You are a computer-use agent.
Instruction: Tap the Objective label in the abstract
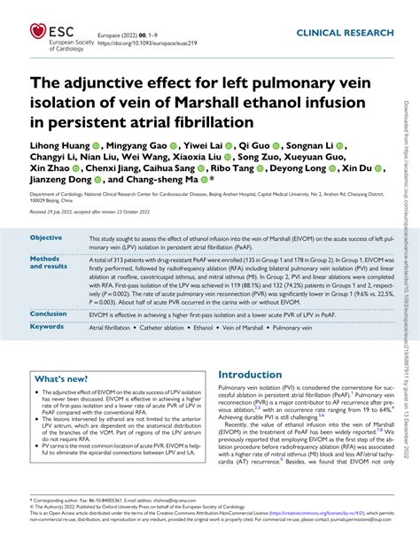pos(46,238)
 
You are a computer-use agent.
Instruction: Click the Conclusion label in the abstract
pos(49,314)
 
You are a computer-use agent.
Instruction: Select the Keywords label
pos(47,327)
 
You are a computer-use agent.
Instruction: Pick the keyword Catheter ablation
pos(170,327)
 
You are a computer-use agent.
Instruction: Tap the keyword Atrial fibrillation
pos(110,327)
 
